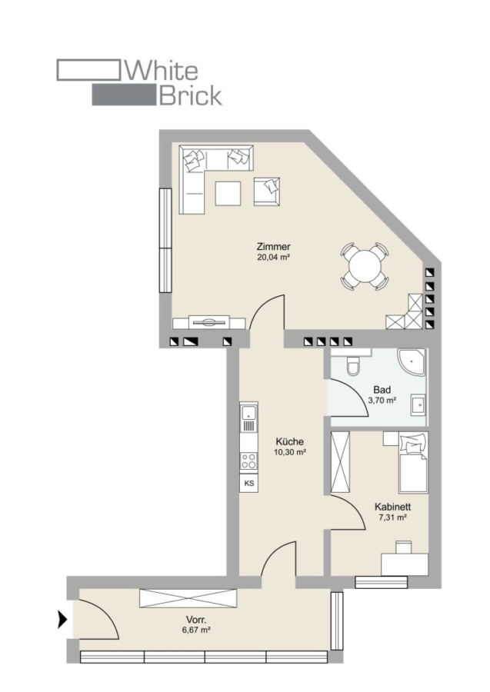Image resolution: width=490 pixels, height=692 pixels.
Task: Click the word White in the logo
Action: [x=162, y=71]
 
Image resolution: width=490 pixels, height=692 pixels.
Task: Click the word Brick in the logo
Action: [x=190, y=95]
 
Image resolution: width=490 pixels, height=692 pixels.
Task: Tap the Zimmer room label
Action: [x=274, y=247]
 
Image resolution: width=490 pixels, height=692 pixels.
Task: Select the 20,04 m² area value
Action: [x=273, y=258]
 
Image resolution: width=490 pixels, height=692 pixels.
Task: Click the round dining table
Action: [x=365, y=267]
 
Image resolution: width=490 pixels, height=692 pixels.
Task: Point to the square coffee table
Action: [x=228, y=193]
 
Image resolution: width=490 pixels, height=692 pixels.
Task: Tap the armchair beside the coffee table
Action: [x=267, y=191]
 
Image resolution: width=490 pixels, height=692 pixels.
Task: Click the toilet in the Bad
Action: [x=353, y=366]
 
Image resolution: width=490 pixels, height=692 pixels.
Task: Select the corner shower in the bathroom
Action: [x=412, y=362]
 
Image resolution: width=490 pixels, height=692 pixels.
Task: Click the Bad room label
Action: [x=382, y=390]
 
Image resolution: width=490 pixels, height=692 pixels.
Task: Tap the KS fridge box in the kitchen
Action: [x=249, y=484]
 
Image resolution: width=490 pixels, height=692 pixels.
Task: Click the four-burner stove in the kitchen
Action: [x=249, y=461]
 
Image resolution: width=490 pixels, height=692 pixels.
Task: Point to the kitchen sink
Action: [x=249, y=418]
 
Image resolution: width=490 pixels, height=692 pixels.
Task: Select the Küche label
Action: [x=289, y=442]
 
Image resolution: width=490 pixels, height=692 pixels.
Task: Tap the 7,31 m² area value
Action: [x=393, y=517]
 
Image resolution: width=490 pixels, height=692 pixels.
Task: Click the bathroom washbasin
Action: [x=418, y=404]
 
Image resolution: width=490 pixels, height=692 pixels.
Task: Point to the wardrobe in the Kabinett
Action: [x=340, y=462]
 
